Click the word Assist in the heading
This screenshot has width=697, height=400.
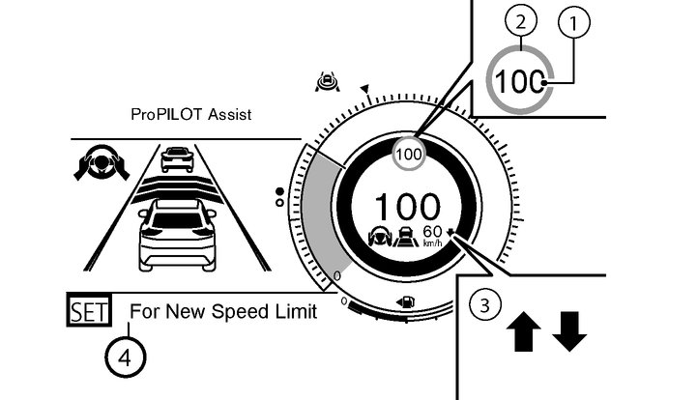(230, 115)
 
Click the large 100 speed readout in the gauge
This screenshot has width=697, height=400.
(407, 207)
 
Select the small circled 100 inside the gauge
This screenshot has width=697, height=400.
(409, 153)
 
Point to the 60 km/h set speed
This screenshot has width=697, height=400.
(433, 233)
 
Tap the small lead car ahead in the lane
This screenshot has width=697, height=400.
(177, 158)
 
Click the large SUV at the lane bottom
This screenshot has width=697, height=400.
(177, 234)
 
